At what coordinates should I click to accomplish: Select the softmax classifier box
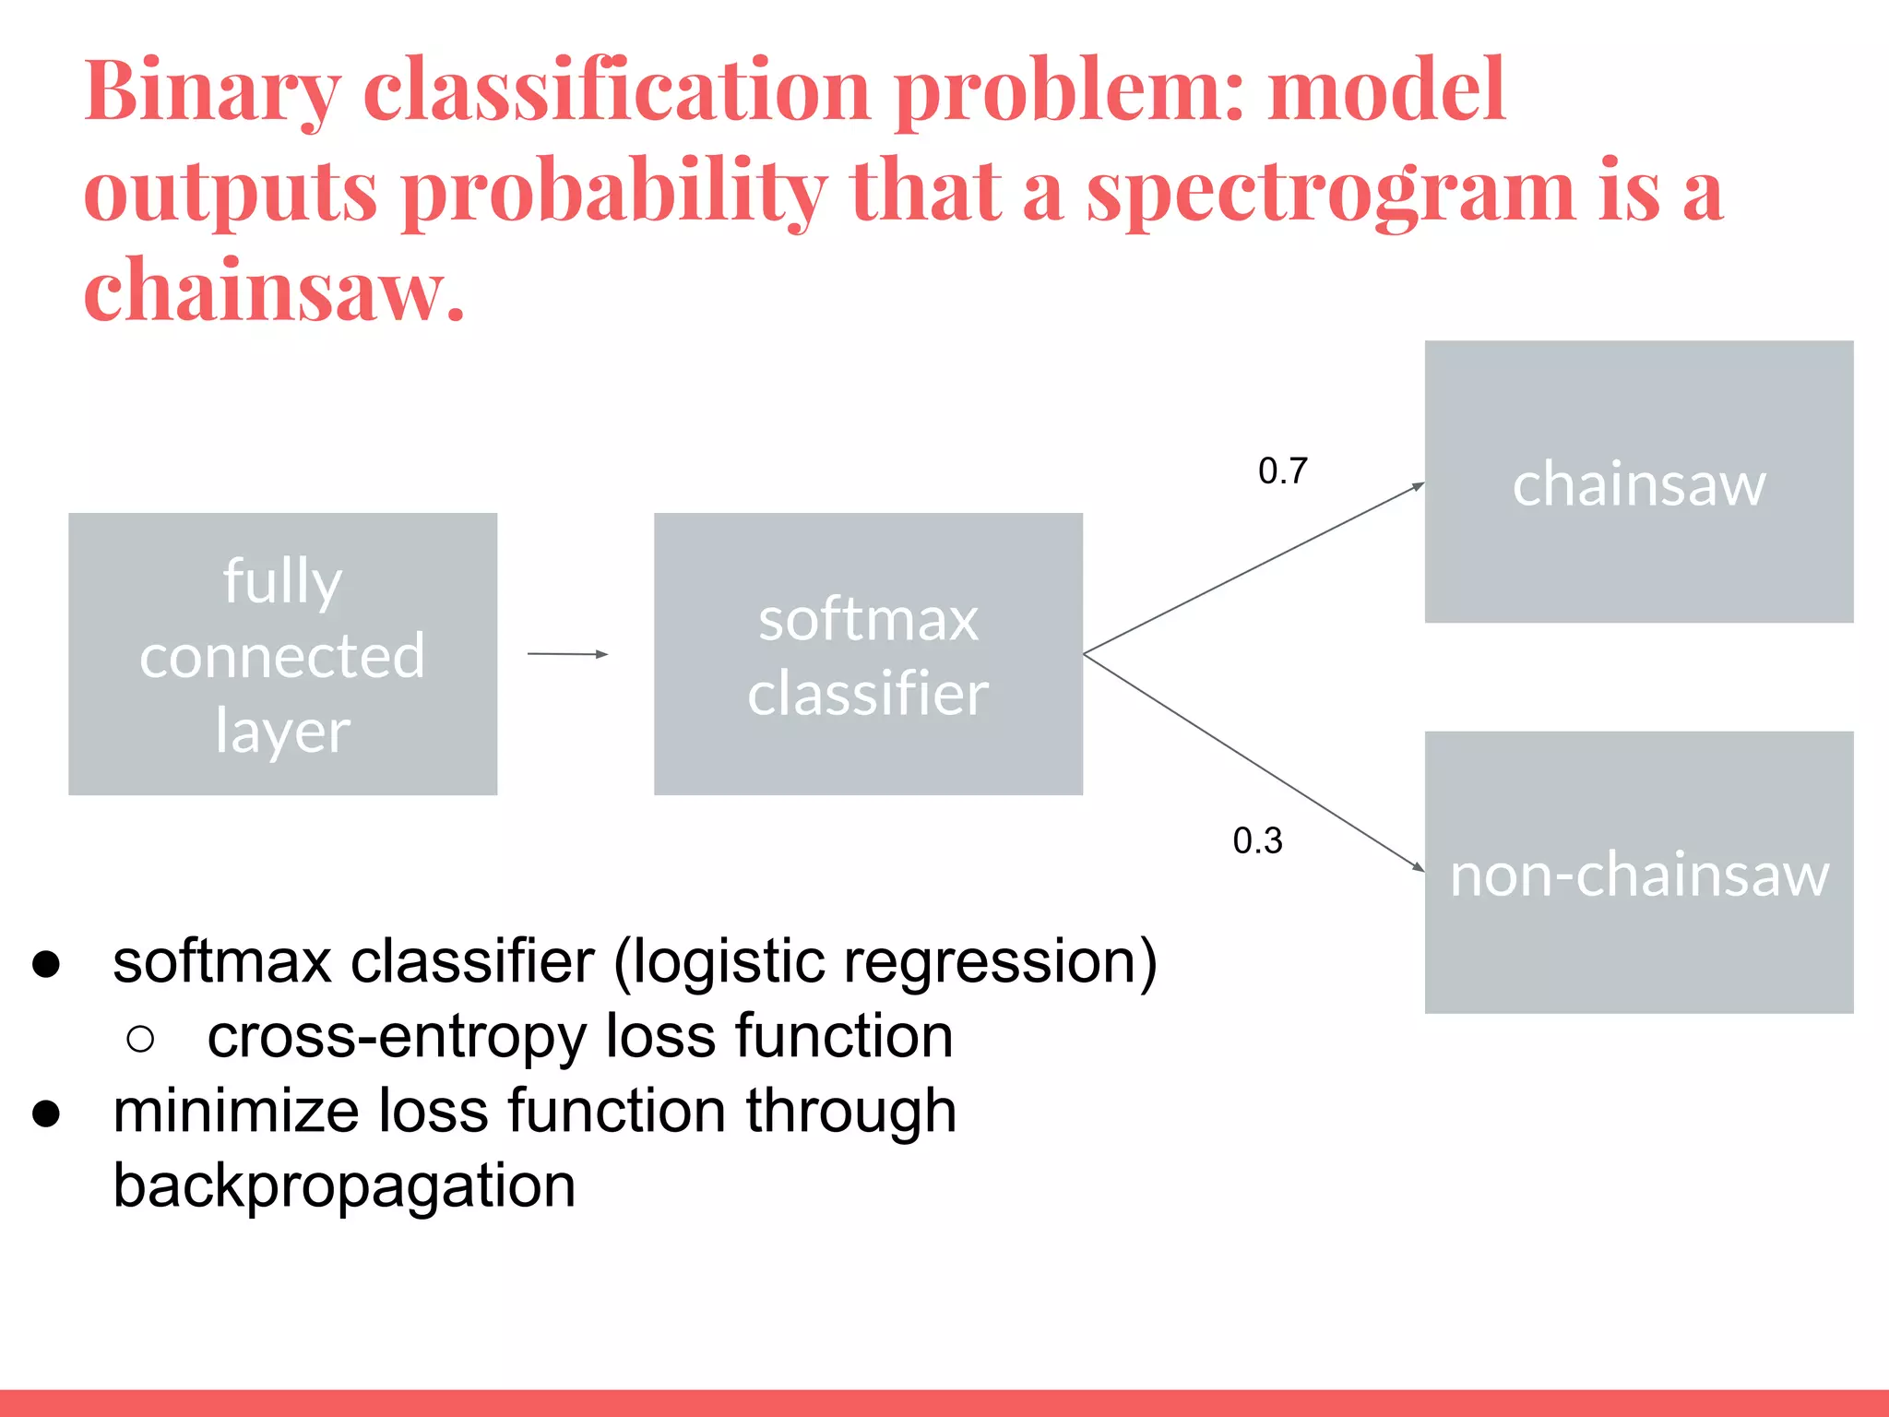coord(867,653)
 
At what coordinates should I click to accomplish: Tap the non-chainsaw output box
coord(1638,873)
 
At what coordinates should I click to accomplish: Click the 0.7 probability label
coord(1282,471)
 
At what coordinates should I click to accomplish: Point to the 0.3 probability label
coord(1257,840)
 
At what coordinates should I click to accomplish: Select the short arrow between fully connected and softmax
coord(567,654)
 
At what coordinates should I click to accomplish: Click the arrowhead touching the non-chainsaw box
coord(1419,865)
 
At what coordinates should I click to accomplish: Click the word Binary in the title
coord(212,92)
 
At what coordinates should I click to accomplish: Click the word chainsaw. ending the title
coord(274,291)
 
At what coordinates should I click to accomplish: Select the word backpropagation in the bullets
coord(344,1186)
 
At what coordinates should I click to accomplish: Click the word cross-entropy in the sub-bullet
coord(397,1037)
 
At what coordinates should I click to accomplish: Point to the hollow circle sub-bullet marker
coord(140,1039)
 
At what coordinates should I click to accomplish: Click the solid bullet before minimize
coord(46,1113)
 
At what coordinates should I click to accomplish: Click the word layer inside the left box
coord(282,731)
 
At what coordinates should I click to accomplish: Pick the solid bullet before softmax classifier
coord(46,964)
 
